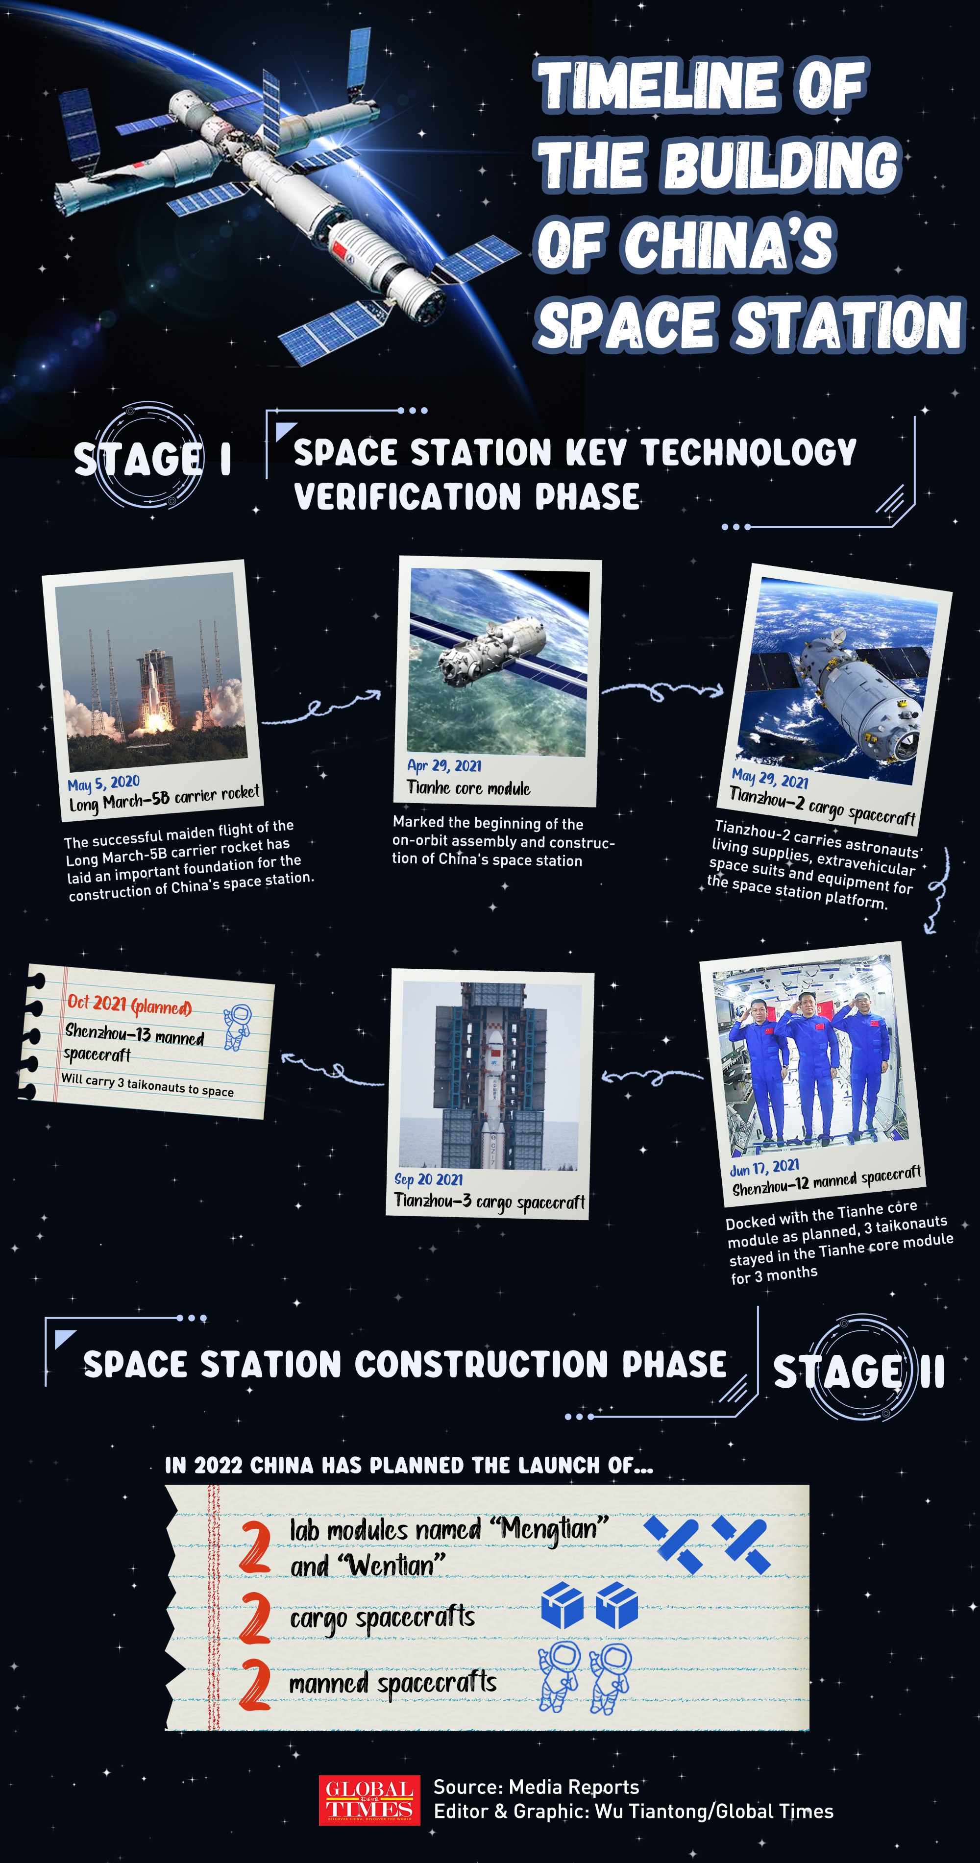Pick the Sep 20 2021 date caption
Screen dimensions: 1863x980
428,1179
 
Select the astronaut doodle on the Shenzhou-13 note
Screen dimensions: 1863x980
237,1026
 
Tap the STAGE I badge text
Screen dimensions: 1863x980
152,459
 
